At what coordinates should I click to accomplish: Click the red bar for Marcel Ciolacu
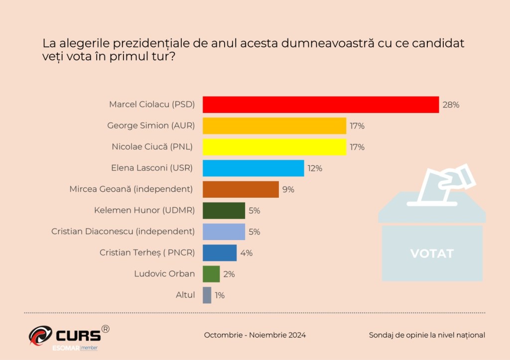coord(321,105)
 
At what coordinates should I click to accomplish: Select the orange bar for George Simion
coord(274,126)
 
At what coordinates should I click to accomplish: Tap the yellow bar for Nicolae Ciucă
coord(274,147)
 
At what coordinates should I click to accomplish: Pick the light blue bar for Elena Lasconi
coord(253,168)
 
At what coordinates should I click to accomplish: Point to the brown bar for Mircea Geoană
coord(241,189)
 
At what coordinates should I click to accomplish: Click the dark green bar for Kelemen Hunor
coord(224,211)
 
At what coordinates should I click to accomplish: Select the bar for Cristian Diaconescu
coord(224,232)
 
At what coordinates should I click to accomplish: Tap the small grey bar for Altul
coord(207,295)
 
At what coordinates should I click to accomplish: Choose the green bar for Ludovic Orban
coord(211,274)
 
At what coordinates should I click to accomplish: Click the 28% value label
coord(451,105)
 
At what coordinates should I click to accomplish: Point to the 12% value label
coord(315,168)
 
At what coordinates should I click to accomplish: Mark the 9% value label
coord(288,189)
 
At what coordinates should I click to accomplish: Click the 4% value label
coord(247,253)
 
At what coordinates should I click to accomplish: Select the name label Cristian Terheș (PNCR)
coord(147,252)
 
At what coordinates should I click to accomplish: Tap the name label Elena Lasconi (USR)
coord(152,168)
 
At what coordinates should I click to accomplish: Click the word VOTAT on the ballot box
coord(432,253)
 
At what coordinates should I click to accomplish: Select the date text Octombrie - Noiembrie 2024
coord(255,335)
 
